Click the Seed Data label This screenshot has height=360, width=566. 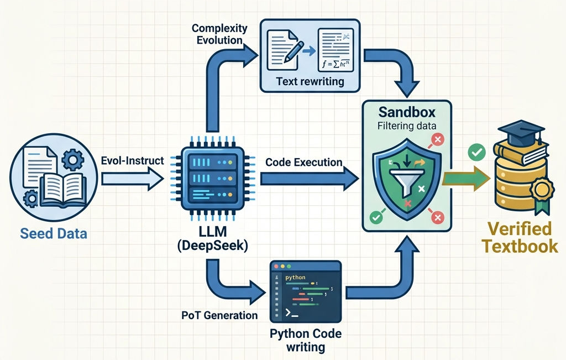(54, 233)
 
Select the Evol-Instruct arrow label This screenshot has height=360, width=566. (133, 160)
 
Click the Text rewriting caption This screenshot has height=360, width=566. (310, 81)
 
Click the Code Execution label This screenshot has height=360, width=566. (304, 163)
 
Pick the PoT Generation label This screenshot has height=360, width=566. (219, 315)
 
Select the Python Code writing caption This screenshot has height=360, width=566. (306, 341)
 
